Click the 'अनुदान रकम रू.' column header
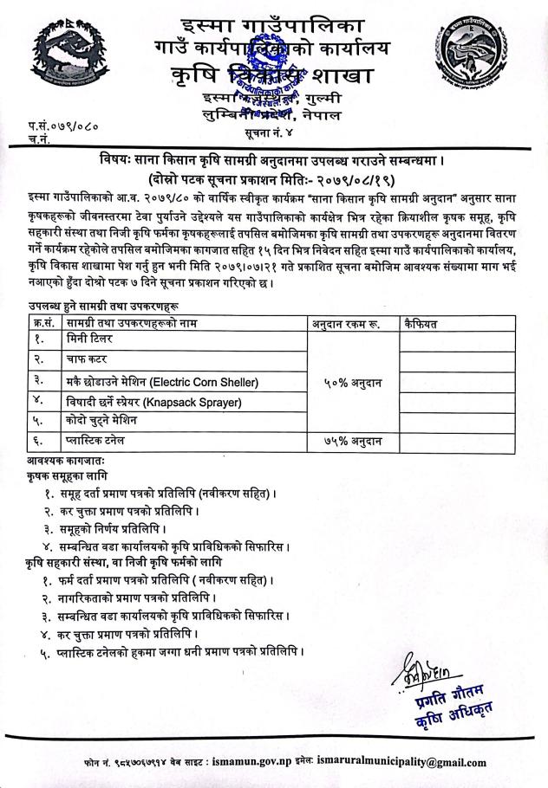346,324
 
